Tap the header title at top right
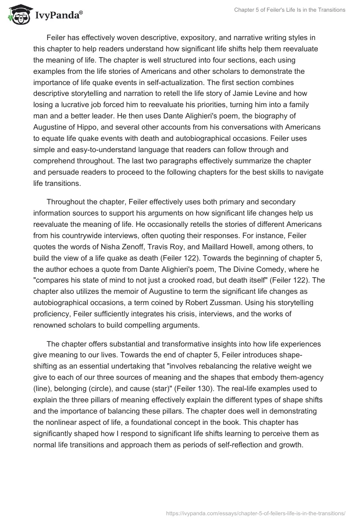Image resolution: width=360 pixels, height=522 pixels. coord(290,10)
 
